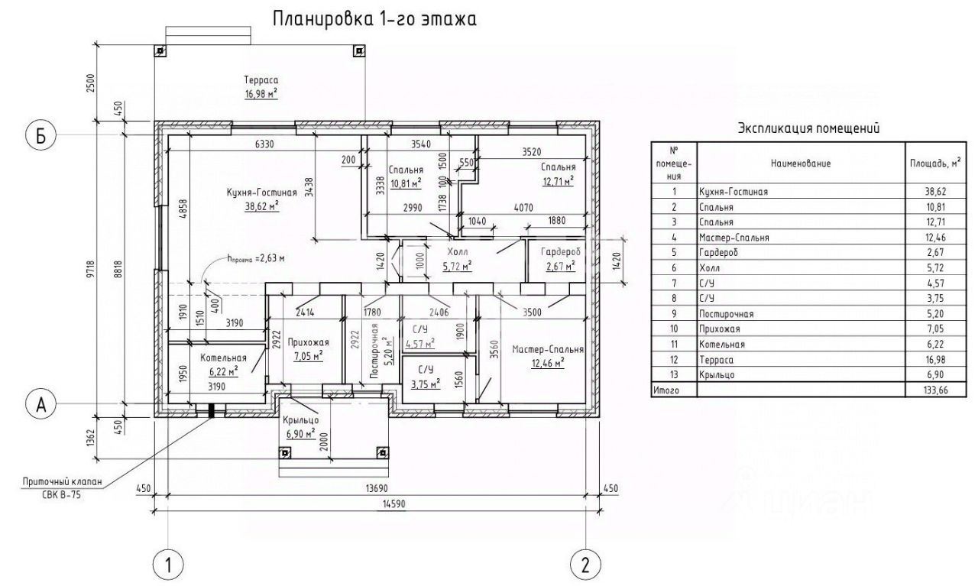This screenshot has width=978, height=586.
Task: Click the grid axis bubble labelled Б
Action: tap(40, 136)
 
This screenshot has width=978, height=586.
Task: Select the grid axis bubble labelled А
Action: tap(40, 405)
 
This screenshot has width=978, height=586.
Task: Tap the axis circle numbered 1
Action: tap(169, 565)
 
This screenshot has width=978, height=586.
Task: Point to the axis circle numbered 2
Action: tap(585, 565)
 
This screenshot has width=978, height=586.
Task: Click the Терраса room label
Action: tap(261, 80)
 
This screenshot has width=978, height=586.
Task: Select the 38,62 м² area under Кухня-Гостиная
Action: tap(262, 206)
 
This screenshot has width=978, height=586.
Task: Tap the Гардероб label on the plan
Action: tap(561, 252)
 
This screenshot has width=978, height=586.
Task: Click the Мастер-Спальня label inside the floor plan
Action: tap(548, 349)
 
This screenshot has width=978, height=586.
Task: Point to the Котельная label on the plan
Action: tap(224, 358)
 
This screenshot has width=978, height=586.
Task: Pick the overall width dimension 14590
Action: tap(393, 504)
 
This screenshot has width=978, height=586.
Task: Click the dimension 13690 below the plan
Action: tap(376, 487)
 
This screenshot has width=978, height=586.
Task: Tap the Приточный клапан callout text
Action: tap(62, 481)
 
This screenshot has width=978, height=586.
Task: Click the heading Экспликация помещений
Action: tap(808, 128)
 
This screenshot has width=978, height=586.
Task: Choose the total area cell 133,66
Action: tap(936, 390)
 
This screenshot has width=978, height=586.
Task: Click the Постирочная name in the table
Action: tap(726, 314)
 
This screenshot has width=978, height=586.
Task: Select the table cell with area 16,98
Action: tap(936, 360)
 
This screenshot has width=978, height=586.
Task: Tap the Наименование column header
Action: tap(801, 163)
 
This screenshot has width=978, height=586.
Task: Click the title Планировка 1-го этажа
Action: tap(374, 19)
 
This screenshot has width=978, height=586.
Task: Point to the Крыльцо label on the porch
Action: tap(300, 420)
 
